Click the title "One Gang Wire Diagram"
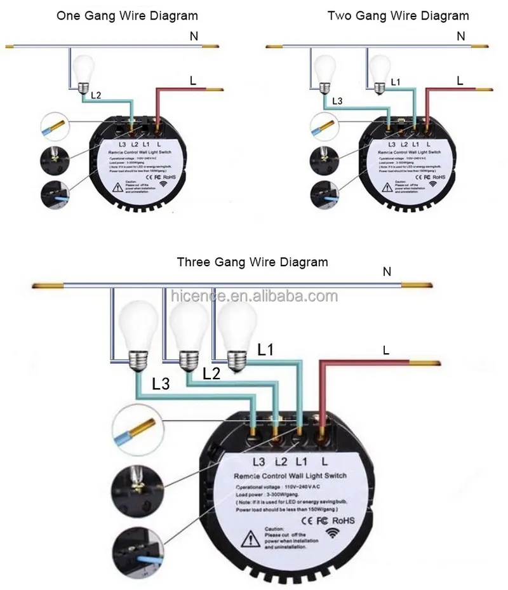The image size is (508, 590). [x=127, y=15]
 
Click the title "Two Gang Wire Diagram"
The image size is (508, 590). [x=398, y=15]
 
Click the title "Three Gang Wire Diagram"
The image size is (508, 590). [x=253, y=262]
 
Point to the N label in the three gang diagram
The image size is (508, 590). [x=387, y=272]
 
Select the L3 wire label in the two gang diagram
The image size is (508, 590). [x=337, y=101]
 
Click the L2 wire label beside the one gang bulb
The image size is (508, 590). [x=95, y=95]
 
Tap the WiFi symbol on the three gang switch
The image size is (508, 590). [x=332, y=532]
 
